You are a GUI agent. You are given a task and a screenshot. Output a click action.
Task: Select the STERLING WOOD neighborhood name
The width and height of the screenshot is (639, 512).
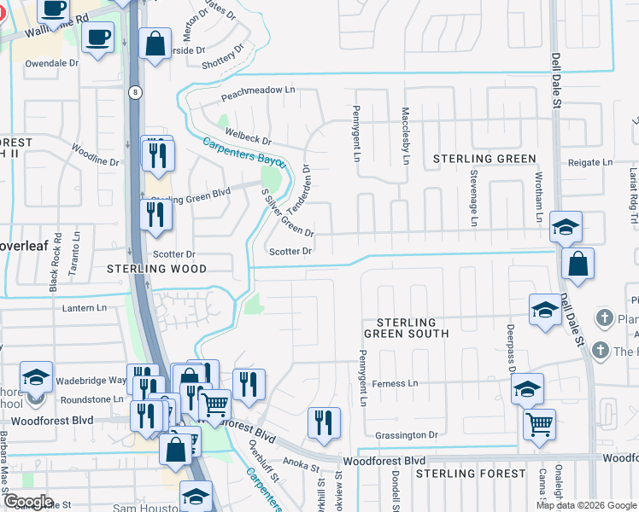tap(157, 269)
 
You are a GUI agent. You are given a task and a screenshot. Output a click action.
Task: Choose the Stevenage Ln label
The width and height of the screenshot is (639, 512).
tap(472, 198)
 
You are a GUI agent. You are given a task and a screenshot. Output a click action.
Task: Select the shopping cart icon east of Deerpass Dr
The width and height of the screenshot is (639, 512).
tap(538, 423)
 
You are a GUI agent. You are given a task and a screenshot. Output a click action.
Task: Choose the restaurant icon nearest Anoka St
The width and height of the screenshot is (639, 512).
tap(324, 422)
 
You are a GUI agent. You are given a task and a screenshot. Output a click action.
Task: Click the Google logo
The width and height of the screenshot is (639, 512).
tap(28, 503)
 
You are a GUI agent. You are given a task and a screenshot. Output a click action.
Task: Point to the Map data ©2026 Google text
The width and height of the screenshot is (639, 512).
tap(585, 505)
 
